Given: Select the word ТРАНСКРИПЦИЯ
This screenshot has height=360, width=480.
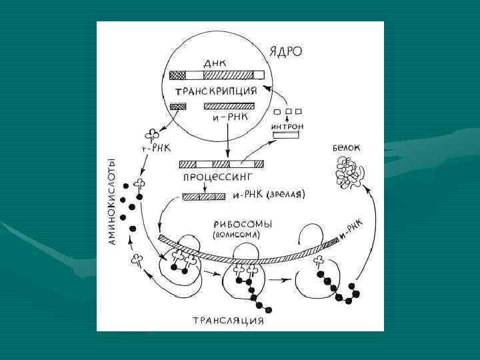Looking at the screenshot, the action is coord(216,91).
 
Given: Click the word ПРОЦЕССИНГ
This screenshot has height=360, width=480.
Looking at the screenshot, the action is coord(216,179).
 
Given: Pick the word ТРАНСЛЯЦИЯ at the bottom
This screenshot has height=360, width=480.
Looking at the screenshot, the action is coord(228,321).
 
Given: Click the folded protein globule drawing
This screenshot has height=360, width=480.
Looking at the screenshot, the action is coord(349,175).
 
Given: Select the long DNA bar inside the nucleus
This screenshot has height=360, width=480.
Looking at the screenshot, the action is coord(216,75).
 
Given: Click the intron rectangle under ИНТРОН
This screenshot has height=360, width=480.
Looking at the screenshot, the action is coord(285,135).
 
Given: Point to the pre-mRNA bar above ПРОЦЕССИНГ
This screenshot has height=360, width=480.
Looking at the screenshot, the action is coord(221,163).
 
